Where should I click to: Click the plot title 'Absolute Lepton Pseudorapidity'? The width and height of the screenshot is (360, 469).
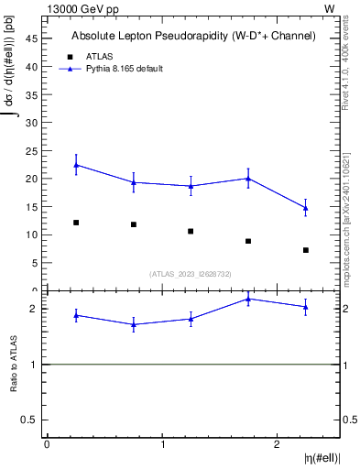tap(193, 36)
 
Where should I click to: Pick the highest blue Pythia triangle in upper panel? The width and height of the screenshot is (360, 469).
tap(76, 165)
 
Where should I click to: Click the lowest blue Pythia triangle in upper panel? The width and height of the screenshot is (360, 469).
tap(306, 208)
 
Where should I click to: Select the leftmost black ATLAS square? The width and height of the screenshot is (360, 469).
tap(76, 223)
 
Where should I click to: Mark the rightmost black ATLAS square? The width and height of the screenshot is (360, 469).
tap(306, 250)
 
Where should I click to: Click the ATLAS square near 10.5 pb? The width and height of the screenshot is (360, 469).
tap(191, 231)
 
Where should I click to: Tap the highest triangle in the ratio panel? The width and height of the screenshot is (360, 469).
tap(248, 299)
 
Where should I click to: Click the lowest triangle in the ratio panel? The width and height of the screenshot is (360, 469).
tap(134, 324)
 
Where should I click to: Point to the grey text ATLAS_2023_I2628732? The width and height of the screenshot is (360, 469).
tap(191, 273)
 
